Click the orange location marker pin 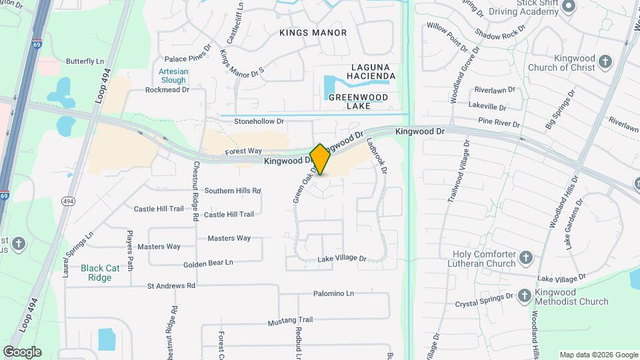click(x=320, y=159)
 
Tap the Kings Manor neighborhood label click(x=313, y=33)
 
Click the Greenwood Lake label click(x=358, y=101)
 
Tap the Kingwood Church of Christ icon click(x=605, y=63)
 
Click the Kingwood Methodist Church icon click(x=524, y=296)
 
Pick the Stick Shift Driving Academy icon click(x=568, y=7)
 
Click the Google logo click(x=22, y=351)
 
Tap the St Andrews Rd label click(x=171, y=286)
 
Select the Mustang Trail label click(x=290, y=321)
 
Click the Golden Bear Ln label click(x=209, y=263)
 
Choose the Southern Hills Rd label click(x=232, y=191)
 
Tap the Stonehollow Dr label click(x=259, y=122)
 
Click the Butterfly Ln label click(x=85, y=61)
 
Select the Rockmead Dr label click(x=167, y=90)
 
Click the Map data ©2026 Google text click(x=598, y=355)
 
